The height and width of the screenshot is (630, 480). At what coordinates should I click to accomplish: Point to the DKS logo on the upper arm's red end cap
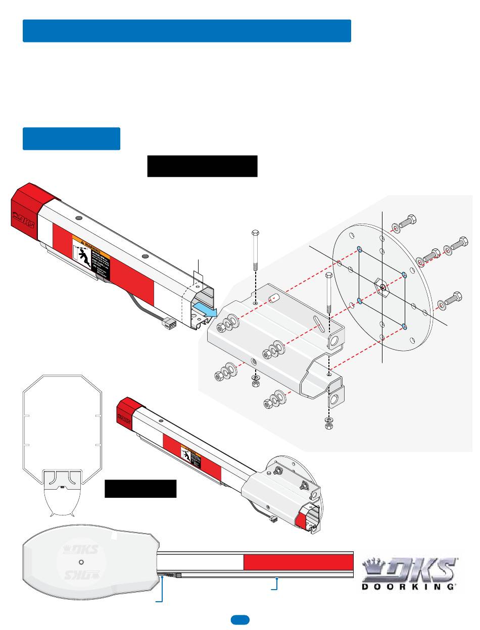[23, 220]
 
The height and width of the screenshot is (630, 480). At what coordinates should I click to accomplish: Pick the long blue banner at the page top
[187, 31]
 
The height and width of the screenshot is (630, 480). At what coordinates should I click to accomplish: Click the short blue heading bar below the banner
[71, 139]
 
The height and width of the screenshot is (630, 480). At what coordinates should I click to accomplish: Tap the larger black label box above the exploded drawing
[202, 166]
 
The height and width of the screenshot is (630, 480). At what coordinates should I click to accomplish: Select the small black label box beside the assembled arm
[140, 489]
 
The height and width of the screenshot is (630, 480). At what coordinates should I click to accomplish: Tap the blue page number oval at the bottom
[240, 619]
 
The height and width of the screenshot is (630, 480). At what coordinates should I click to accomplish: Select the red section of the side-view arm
[298, 562]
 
